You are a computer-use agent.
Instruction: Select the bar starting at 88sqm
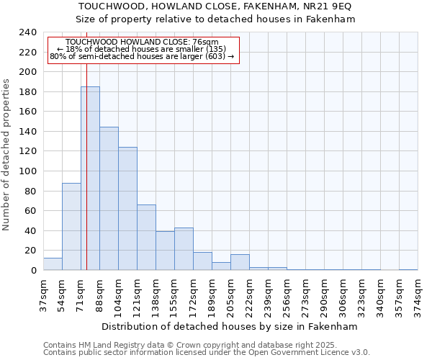109,199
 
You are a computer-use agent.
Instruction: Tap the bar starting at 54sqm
71,227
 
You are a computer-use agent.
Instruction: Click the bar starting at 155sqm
184,249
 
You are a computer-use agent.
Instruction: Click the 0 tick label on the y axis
33,271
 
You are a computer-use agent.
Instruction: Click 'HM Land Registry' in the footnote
107,345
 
